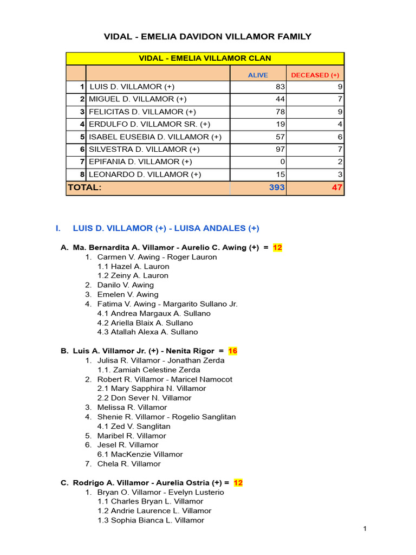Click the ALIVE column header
[258, 75]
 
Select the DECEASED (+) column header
[315, 75]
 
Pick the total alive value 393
[276, 188]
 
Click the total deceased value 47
[337, 188]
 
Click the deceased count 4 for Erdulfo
[340, 124]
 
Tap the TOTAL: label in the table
[84, 188]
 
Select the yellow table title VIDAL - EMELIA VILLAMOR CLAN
[205, 58]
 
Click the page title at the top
[207, 36]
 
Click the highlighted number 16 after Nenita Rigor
[233, 351]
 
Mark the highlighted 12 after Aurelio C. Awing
[277, 248]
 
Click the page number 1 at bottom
[366, 528]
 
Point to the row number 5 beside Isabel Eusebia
[82, 137]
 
